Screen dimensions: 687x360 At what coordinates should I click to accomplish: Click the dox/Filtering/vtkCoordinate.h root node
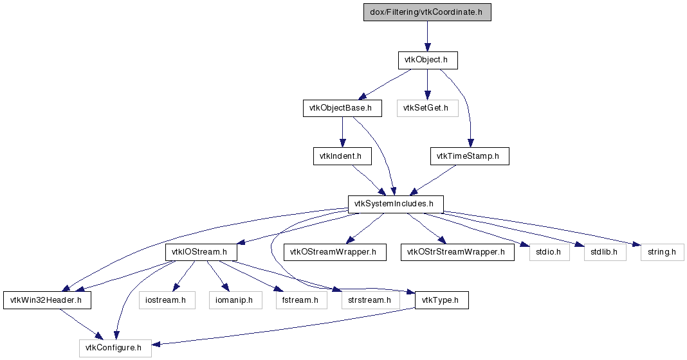pos(427,12)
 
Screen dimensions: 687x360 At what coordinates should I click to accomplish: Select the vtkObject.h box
pos(428,60)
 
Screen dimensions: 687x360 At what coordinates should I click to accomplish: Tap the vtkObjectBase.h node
pos(342,108)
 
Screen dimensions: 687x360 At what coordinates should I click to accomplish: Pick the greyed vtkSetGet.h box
pos(428,108)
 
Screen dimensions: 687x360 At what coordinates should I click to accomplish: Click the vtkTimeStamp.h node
pos(470,156)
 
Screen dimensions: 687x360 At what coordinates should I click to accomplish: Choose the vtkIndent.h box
pos(342,156)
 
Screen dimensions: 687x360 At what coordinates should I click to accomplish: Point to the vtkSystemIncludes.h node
pos(396,204)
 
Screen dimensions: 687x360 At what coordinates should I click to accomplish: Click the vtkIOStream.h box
pos(201,252)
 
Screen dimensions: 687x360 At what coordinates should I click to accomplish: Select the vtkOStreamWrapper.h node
pos(334,252)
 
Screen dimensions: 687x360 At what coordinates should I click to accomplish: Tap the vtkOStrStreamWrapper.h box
pos(457,252)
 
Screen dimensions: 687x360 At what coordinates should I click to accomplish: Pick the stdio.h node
pos(549,252)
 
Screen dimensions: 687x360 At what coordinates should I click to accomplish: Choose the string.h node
pos(662,252)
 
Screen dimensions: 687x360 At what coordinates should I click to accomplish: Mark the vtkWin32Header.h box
pos(48,300)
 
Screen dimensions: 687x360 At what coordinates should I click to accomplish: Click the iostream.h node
pos(167,300)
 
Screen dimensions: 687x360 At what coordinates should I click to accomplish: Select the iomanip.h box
pos(235,300)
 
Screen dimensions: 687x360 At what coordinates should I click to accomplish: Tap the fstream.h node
pos(302,300)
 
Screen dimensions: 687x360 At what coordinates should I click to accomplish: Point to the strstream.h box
pos(371,300)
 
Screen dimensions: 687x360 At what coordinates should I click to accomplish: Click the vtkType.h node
pos(442,300)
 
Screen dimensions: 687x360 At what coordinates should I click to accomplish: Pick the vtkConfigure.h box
pos(115,348)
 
